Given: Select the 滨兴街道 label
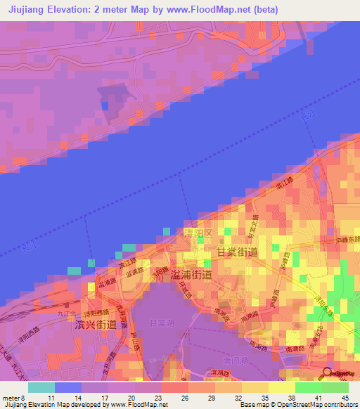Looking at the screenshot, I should tap(95, 325).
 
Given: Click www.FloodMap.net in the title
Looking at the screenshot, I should tap(219, 10).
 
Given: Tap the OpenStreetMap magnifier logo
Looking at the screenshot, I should tap(328, 372).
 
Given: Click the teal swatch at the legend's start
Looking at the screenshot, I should tap(41, 387).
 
